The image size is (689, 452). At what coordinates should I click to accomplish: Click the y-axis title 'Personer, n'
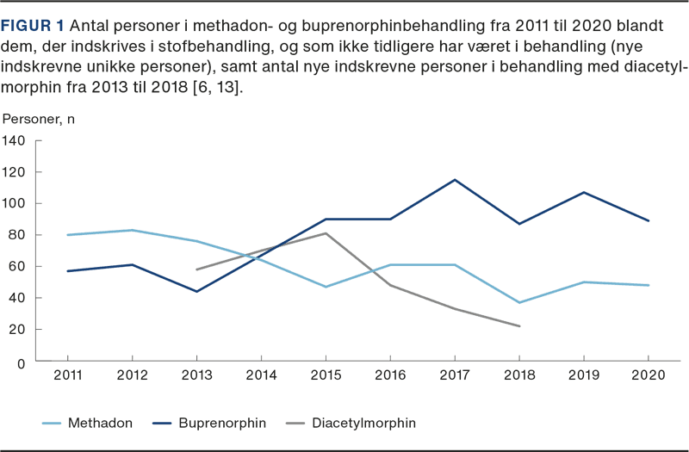pyautogui.click(x=39, y=119)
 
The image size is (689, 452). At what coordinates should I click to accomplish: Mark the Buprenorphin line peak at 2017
pyautogui.click(x=455, y=179)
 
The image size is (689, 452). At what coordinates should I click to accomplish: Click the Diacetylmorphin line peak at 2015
pyautogui.click(x=326, y=233)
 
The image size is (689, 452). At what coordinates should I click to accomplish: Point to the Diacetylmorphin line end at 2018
pyautogui.click(x=519, y=326)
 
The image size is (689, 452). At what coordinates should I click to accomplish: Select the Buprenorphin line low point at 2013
pyautogui.click(x=196, y=292)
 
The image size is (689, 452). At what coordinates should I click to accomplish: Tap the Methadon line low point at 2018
pyautogui.click(x=519, y=303)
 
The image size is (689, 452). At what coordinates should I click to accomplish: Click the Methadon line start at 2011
pyautogui.click(x=67, y=235)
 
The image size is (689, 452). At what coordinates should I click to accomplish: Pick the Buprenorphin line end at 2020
pyautogui.click(x=648, y=220)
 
